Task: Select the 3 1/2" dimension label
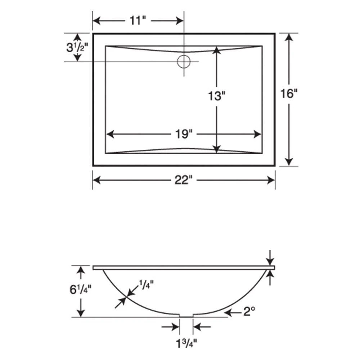(x=77, y=48)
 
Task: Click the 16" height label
(x=289, y=94)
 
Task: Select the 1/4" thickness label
(x=146, y=284)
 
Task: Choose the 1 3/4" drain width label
(x=186, y=341)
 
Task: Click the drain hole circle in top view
(x=184, y=62)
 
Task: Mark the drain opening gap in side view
(x=186, y=316)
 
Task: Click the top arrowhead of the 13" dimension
(x=216, y=50)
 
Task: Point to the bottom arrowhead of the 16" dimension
(x=289, y=162)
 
